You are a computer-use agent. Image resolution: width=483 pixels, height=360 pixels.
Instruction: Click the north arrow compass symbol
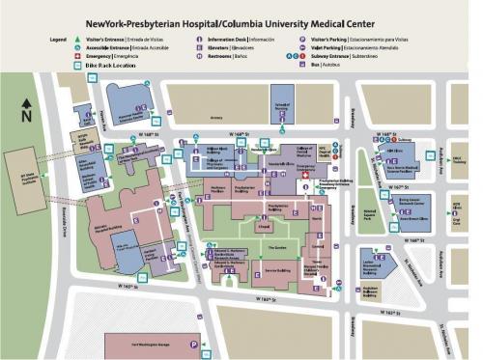click(x=28, y=112)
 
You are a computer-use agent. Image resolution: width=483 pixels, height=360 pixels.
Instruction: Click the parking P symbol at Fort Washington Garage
click(x=196, y=344)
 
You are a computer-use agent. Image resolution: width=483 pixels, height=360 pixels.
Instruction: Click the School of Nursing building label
click(x=284, y=107)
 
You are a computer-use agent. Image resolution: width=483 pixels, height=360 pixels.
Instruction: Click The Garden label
click(x=275, y=248)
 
